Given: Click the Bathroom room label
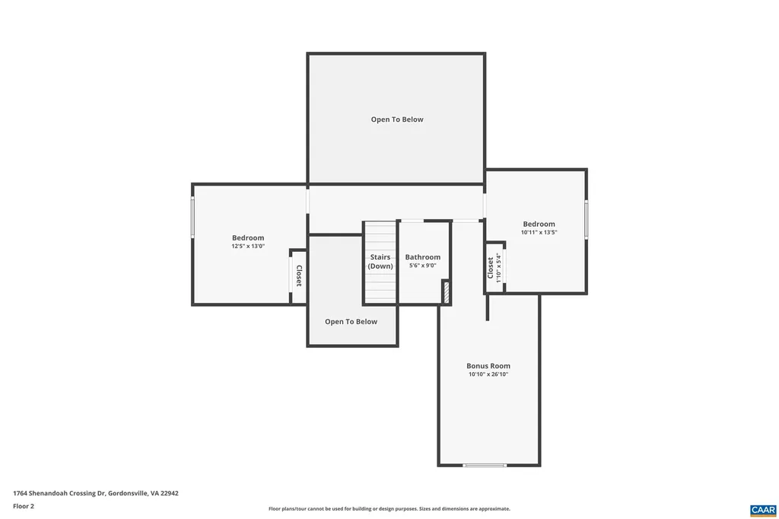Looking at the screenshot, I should point(422,257).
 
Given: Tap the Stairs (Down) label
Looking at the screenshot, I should point(380,262).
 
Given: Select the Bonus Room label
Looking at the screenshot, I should point(488,366).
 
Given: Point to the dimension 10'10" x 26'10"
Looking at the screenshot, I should point(488,374).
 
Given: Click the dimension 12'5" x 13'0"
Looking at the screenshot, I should point(248,247).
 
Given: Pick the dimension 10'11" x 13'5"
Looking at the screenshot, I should point(539,232).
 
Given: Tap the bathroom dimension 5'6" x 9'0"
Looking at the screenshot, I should point(422,266).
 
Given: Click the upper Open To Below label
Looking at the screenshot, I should point(397,119).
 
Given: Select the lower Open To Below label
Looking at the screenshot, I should point(351,322).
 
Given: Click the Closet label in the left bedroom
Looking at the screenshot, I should point(299,275).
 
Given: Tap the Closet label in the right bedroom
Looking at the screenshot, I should point(490,267).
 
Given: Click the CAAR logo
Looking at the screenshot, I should point(762,509).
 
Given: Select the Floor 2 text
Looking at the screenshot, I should point(24,506).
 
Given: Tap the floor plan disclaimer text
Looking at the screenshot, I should point(389,509).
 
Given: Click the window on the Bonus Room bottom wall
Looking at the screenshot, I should point(485,465).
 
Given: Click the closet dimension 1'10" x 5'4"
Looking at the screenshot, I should point(499,267).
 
